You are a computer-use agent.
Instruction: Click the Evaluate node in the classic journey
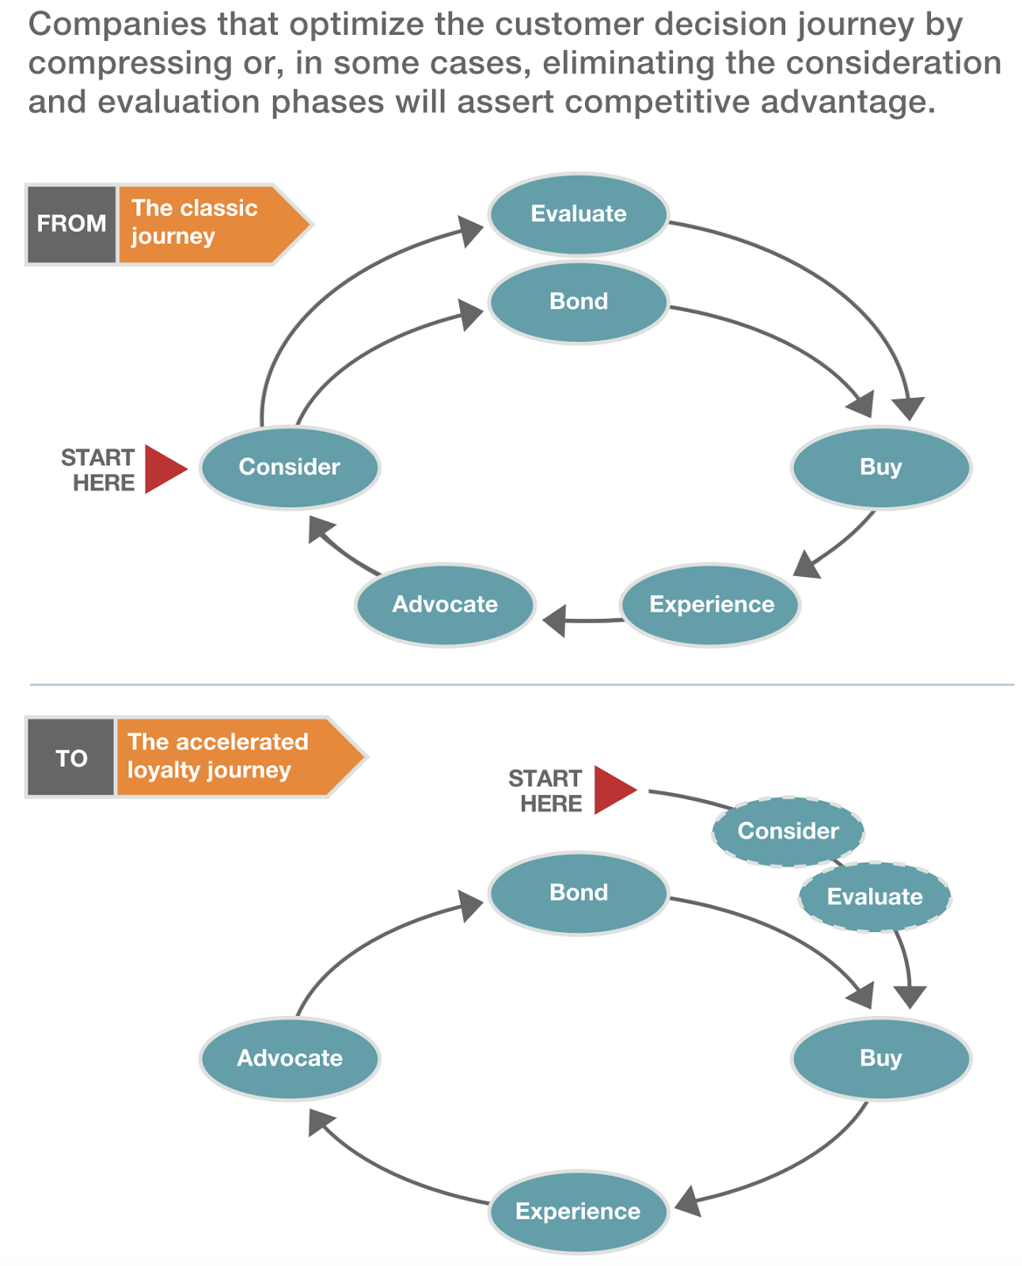pos(578,214)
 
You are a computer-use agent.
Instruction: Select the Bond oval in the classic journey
pos(578,301)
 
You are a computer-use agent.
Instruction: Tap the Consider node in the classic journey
pos(290,467)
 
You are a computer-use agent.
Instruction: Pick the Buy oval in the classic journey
pos(880,467)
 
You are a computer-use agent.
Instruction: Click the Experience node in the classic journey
pos(711,605)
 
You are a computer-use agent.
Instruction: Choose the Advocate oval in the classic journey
pos(445,605)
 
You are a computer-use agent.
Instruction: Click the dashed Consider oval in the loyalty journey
pos(788,831)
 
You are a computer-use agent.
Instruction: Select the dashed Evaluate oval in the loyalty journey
pos(874,896)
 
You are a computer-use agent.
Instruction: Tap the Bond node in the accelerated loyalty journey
pos(578,893)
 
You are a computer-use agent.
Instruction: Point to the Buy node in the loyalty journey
pos(880,1058)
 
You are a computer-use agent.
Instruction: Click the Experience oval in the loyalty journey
pos(578,1211)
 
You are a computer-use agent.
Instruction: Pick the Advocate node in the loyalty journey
pos(290,1058)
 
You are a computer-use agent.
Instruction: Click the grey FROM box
pos(71,224)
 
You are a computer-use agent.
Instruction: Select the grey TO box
pos(71,758)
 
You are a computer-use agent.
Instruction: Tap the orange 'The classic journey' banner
pos(206,224)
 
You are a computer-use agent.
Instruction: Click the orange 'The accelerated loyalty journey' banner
pos(230,756)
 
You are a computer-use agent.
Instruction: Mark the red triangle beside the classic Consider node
pos(163,469)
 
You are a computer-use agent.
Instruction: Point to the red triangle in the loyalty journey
pos(614,790)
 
